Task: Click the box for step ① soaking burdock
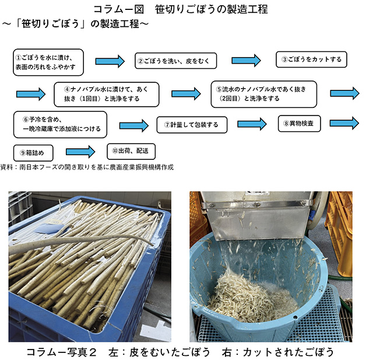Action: [x=48, y=62]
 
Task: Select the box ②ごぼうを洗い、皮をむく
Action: [x=176, y=61]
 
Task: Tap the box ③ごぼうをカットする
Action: [x=311, y=60]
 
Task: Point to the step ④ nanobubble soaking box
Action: [x=106, y=95]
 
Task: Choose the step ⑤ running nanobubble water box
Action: [x=264, y=95]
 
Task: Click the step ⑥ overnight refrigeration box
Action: [x=60, y=125]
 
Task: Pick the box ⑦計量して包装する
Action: [x=192, y=125]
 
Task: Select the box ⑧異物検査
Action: [x=299, y=124]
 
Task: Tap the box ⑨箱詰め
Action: [x=33, y=153]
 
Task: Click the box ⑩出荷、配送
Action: [x=131, y=152]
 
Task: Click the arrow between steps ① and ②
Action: [x=110, y=61]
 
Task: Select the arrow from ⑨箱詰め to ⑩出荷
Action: [x=80, y=152]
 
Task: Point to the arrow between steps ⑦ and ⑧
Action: [x=252, y=124]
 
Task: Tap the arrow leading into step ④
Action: [x=31, y=94]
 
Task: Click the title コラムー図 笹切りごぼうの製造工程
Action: [x=181, y=9]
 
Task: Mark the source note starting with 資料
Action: [x=87, y=167]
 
